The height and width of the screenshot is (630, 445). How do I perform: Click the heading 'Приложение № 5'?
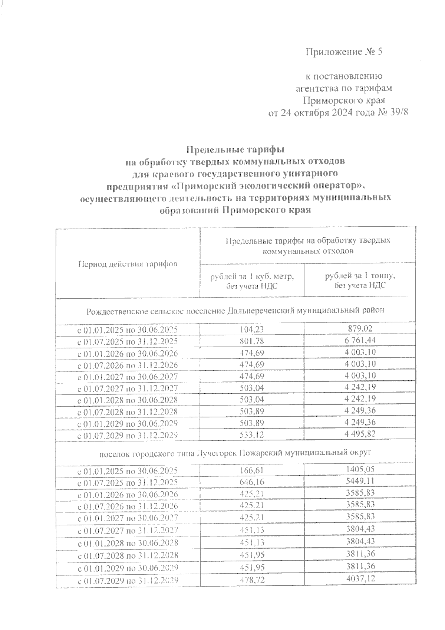pos(343,52)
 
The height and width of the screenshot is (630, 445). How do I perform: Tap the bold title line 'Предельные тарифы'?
pos(235,150)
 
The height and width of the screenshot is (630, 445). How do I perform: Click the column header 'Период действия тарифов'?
pos(128,264)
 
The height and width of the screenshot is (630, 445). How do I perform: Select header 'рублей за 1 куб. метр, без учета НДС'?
pos(252,281)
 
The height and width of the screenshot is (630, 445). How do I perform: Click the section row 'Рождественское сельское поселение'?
pos(235,310)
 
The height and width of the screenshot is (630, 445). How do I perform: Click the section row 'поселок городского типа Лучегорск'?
pos(235,453)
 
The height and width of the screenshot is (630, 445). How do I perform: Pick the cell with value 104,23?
pos(252,329)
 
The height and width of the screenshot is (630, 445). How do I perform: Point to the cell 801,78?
pos(252,341)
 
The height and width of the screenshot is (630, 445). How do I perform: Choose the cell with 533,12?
pos(252,434)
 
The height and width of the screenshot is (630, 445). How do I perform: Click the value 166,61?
pos(252,470)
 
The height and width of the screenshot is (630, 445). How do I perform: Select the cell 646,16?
pos(252,482)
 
